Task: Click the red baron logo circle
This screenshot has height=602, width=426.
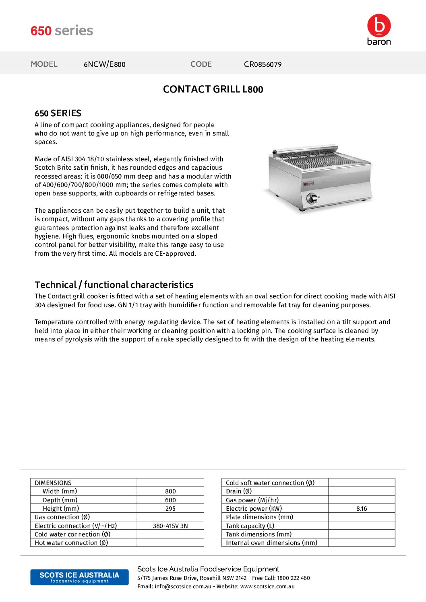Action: click(x=378, y=25)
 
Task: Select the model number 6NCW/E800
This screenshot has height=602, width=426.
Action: click(x=104, y=64)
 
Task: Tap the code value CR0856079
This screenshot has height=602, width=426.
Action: click(x=263, y=64)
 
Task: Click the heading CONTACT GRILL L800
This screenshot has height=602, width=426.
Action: click(x=213, y=89)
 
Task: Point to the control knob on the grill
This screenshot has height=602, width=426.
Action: click(x=312, y=198)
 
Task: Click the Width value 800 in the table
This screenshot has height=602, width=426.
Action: click(x=170, y=491)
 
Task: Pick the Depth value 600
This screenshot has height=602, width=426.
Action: click(x=170, y=500)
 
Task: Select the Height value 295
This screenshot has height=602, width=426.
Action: click(x=170, y=509)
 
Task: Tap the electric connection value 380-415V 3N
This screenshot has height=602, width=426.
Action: click(x=170, y=526)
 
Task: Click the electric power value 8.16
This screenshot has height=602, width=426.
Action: click(x=362, y=509)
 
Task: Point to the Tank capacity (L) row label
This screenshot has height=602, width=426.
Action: click(x=250, y=526)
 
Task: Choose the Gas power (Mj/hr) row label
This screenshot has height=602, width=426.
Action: click(x=252, y=500)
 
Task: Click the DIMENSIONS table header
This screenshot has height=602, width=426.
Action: click(x=53, y=483)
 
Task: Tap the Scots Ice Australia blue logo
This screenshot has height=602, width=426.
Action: click(x=79, y=577)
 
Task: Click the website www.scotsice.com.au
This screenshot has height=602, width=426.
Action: click(x=267, y=586)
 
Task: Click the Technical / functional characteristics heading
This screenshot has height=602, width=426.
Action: click(x=114, y=285)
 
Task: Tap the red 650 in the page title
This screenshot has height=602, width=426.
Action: click(x=41, y=31)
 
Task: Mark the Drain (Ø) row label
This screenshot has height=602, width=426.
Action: click(x=239, y=491)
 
